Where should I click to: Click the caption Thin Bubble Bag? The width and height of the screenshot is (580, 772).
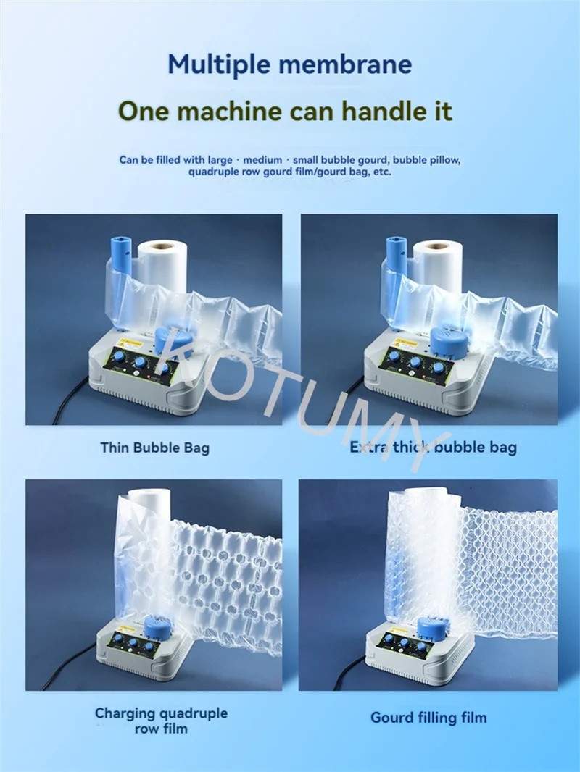click(x=154, y=448)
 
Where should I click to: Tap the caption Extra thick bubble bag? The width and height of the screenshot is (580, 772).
click(x=433, y=447)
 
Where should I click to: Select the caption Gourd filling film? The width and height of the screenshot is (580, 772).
click(x=428, y=718)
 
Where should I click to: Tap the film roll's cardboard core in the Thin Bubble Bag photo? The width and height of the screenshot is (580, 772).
click(x=162, y=246)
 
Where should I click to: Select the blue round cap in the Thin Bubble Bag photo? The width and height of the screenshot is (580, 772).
click(x=173, y=342)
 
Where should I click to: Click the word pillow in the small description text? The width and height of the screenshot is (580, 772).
click(x=447, y=160)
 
